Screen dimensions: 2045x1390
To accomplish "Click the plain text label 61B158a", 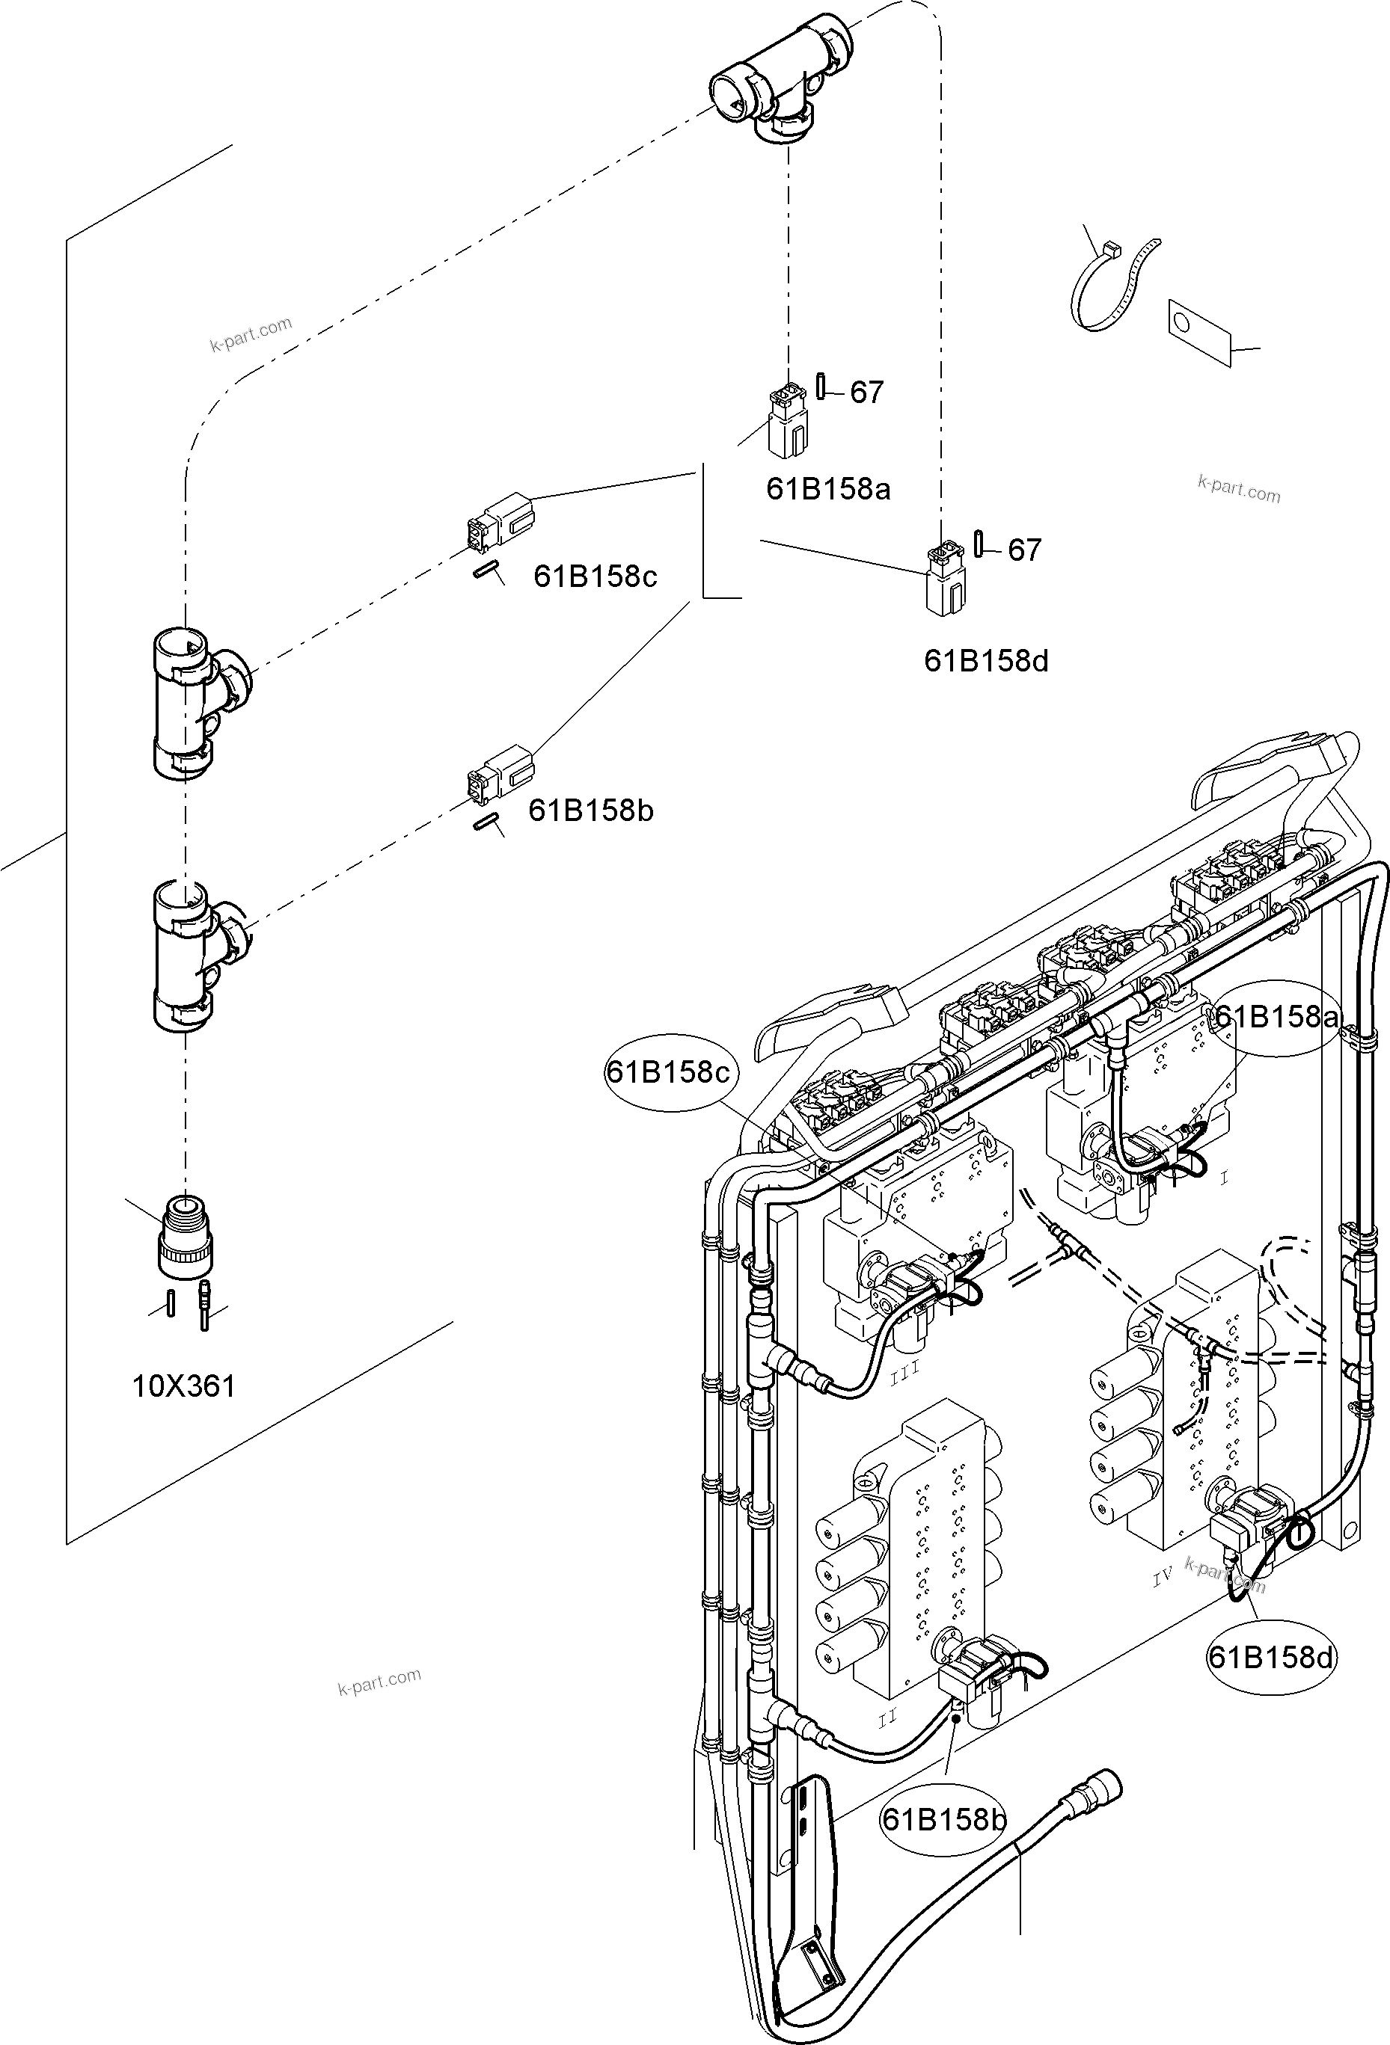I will coord(828,489).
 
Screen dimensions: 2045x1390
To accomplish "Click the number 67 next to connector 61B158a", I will coord(866,393).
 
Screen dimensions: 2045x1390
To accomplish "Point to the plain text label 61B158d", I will coord(986,662).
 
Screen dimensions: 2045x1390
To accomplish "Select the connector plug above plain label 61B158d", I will coord(946,578).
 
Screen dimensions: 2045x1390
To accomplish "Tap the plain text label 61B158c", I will coord(595,577).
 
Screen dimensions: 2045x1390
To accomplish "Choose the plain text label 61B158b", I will coord(591,811).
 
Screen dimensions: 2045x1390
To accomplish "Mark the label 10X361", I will coord(184,1388).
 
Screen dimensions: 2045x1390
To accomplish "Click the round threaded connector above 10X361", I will coord(186,1238).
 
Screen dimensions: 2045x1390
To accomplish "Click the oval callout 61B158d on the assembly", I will coord(1270,1658).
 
